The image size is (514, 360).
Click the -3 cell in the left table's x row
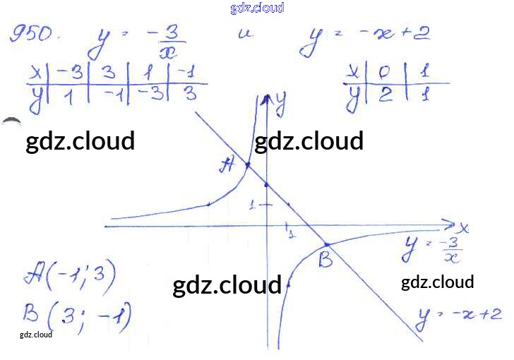(x=68, y=73)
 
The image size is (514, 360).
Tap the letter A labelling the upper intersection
(x=227, y=165)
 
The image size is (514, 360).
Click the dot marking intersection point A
(x=247, y=165)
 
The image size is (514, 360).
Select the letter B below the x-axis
(x=325, y=260)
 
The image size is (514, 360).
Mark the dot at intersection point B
(x=326, y=244)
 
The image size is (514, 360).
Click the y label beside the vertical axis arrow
(x=280, y=106)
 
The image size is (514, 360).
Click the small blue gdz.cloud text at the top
(x=257, y=8)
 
